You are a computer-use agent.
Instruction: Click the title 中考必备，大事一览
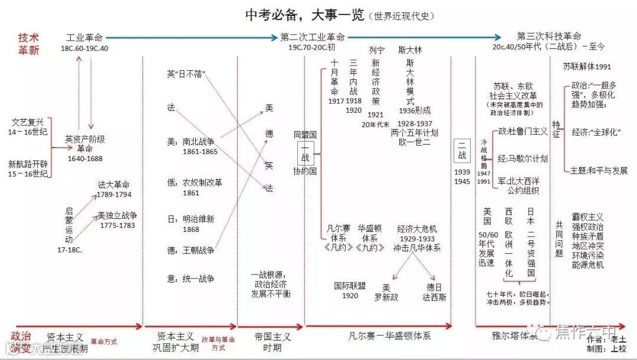(304, 15)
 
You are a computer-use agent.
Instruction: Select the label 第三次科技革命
(549, 36)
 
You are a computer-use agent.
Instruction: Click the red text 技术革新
(28, 43)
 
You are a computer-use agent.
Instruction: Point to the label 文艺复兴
(28, 123)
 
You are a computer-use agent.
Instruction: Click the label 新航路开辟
(28, 163)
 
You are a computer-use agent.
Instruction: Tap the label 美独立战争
(117, 216)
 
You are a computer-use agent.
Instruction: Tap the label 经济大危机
(417, 228)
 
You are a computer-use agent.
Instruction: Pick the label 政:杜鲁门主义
(523, 131)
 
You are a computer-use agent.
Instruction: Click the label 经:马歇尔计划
(523, 159)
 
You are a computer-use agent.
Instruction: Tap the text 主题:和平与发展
(599, 171)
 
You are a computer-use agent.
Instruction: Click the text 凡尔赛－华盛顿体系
(389, 336)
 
